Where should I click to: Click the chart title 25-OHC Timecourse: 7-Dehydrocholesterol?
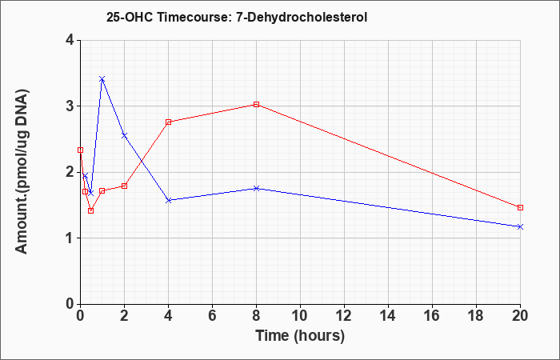237,17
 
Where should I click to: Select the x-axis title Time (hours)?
300,336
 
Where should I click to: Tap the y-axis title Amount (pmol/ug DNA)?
22,171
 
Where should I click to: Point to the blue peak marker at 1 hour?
102,79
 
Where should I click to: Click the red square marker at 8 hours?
256,104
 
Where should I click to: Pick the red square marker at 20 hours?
520,207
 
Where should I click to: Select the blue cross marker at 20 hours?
520,226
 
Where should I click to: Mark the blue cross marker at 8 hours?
256,188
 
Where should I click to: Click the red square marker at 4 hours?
169,122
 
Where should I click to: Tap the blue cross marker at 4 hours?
169,200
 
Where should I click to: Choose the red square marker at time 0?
80,150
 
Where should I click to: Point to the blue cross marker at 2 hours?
124,135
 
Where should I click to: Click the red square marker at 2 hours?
124,186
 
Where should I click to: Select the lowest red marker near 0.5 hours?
90,210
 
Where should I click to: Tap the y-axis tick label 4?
70,40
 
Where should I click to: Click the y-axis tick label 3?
70,106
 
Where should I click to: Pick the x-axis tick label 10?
300,316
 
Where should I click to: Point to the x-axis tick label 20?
520,316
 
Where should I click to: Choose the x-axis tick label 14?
388,316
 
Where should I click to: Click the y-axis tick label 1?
70,238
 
